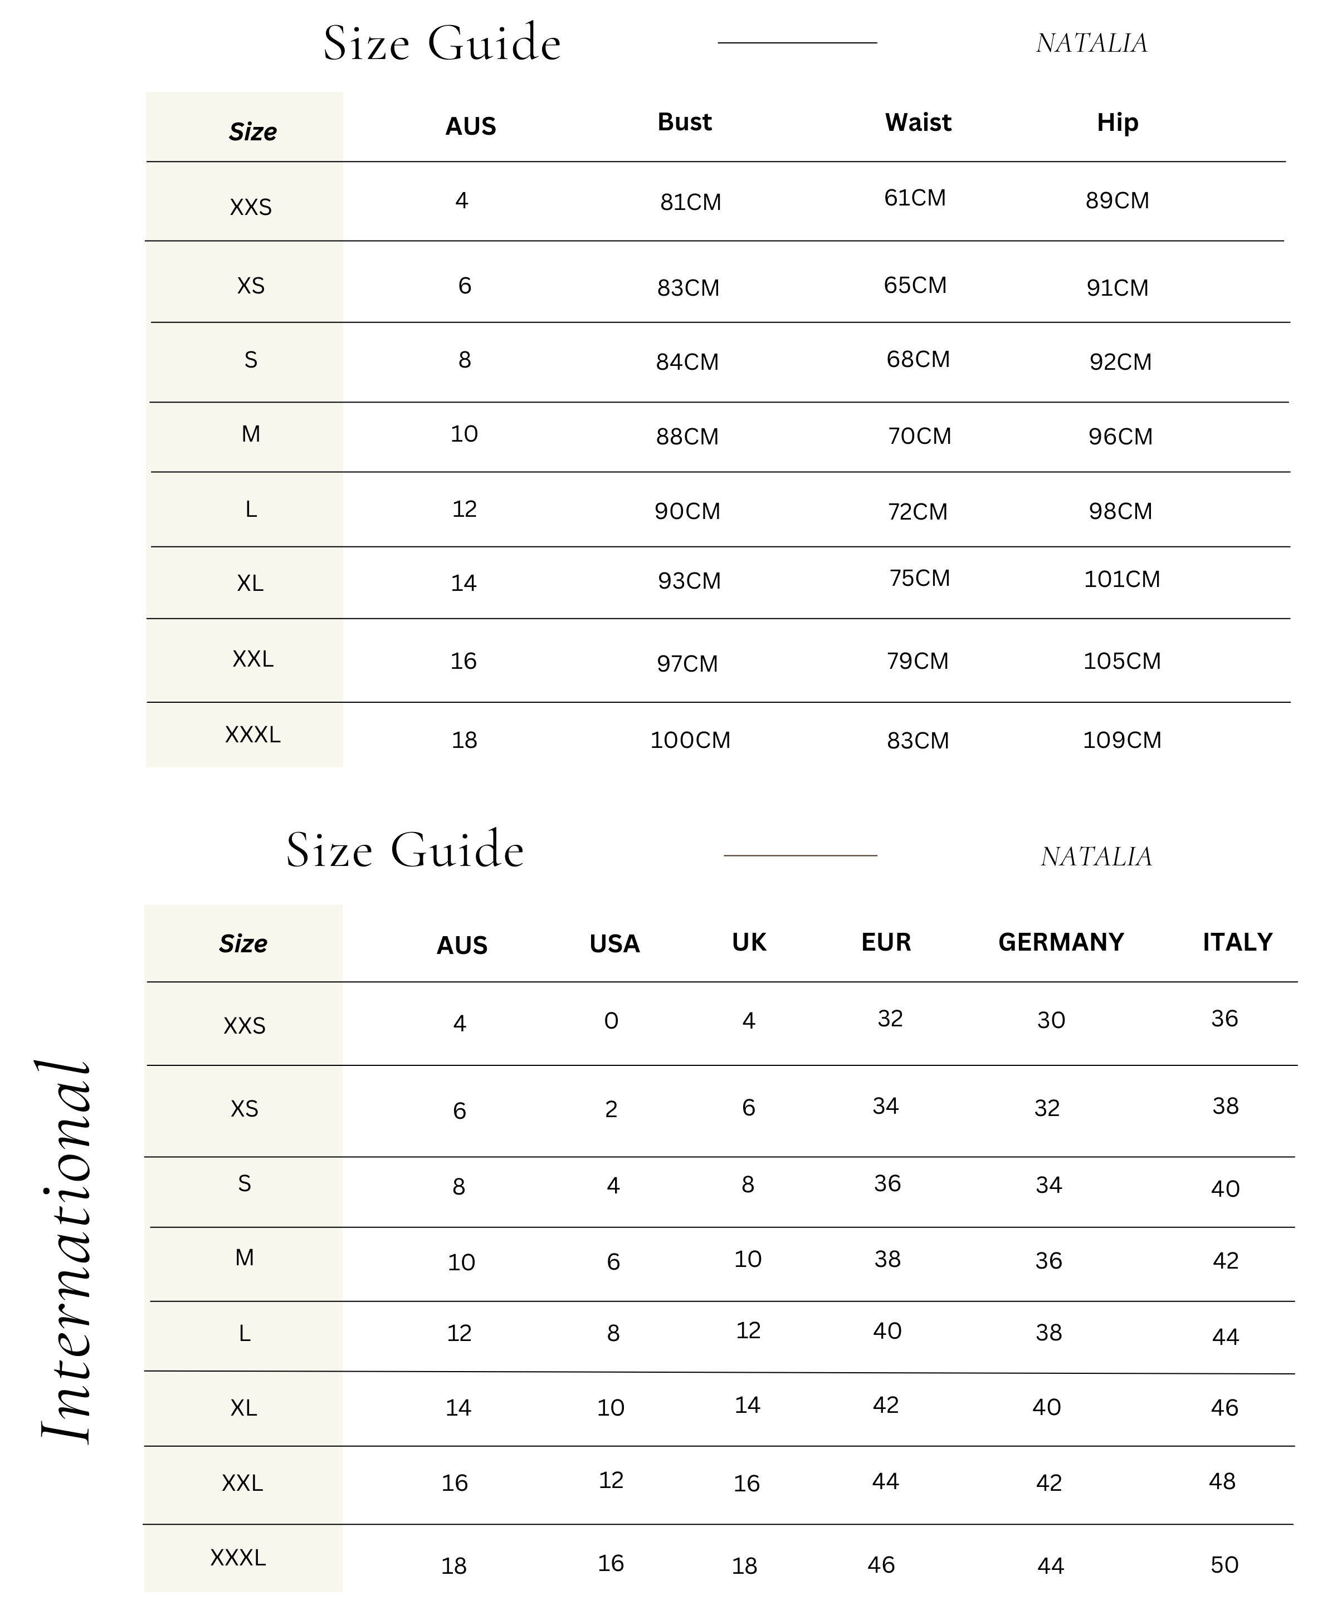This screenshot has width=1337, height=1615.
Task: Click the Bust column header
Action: click(x=684, y=123)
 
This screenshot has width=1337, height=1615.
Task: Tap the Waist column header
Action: click(x=918, y=123)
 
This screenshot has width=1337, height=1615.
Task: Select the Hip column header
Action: click(x=1117, y=123)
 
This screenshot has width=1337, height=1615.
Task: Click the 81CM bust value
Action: click(x=690, y=202)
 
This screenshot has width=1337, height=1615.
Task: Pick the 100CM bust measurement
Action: click(x=690, y=740)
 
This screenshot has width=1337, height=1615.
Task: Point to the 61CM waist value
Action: click(x=915, y=198)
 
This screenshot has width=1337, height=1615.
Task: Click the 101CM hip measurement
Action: click(x=1121, y=579)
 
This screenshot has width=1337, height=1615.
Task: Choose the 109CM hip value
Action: click(x=1121, y=740)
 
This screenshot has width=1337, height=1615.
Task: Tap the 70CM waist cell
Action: click(x=919, y=436)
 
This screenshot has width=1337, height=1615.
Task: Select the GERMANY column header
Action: click(x=1061, y=942)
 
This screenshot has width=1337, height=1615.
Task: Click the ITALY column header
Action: click(x=1237, y=942)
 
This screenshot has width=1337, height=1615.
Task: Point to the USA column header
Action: click(x=614, y=943)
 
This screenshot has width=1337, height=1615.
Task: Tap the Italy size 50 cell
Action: click(x=1224, y=1564)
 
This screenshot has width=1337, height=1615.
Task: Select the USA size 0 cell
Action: click(x=611, y=1021)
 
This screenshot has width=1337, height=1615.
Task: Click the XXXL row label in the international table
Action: click(x=238, y=1557)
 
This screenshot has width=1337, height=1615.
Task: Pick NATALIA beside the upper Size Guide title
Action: click(x=1091, y=43)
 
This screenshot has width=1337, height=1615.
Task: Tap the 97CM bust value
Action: click(x=687, y=663)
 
